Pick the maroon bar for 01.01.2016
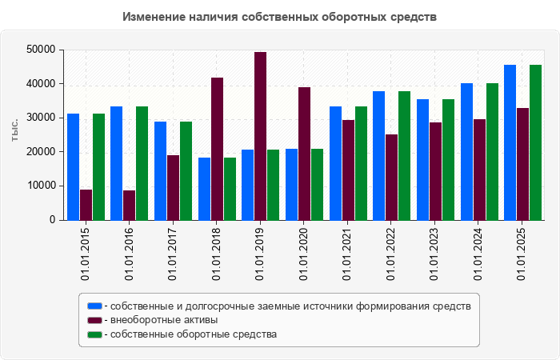[130, 205]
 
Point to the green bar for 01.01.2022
[404, 155]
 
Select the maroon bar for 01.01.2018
[217, 149]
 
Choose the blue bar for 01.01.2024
[466, 151]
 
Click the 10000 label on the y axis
[39, 186]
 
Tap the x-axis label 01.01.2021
[348, 254]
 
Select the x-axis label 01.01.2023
[435, 254]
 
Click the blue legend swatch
[94, 306]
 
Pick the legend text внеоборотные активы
[164, 320]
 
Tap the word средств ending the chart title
[414, 17]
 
